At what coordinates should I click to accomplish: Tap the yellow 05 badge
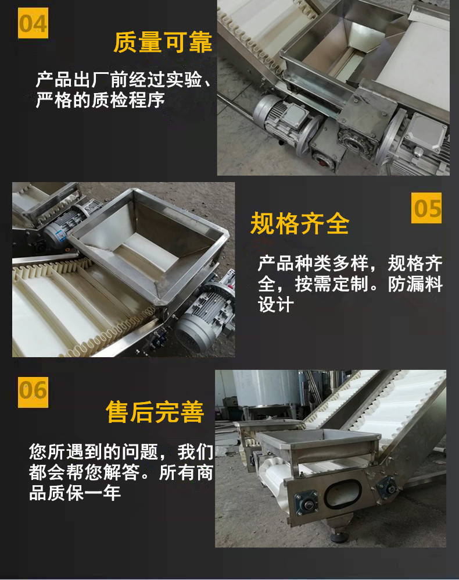[426, 208]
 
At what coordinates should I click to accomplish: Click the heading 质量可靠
[163, 42]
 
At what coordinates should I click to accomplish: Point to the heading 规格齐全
[300, 223]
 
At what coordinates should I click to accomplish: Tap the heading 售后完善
[155, 412]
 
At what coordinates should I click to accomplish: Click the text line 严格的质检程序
[101, 100]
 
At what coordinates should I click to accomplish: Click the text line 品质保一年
[75, 493]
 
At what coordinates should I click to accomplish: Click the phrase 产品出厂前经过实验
[119, 80]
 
